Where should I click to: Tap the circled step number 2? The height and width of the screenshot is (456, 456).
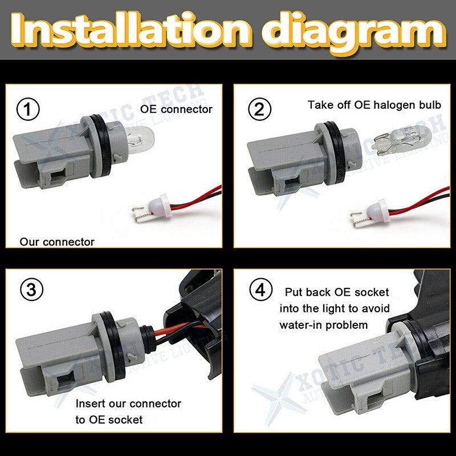tap(259, 109)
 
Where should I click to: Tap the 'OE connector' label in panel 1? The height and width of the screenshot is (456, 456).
tap(176, 109)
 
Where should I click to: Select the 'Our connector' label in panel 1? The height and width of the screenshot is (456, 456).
tap(57, 242)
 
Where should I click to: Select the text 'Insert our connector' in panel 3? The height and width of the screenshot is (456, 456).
tap(128, 404)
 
